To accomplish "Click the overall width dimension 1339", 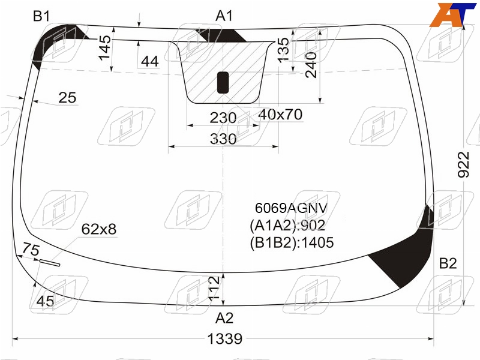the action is click(x=224, y=339).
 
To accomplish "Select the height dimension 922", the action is click(x=463, y=164).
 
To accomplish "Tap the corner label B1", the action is click(x=41, y=16).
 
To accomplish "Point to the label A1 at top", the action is click(x=224, y=16).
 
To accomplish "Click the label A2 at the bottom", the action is click(x=224, y=318).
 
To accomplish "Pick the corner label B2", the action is click(x=448, y=263).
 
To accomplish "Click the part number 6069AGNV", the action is click(x=291, y=208).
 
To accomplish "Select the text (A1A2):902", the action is click(x=287, y=226).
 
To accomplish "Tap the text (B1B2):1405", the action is click(x=292, y=243).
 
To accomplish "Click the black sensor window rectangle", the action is click(x=223, y=83).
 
